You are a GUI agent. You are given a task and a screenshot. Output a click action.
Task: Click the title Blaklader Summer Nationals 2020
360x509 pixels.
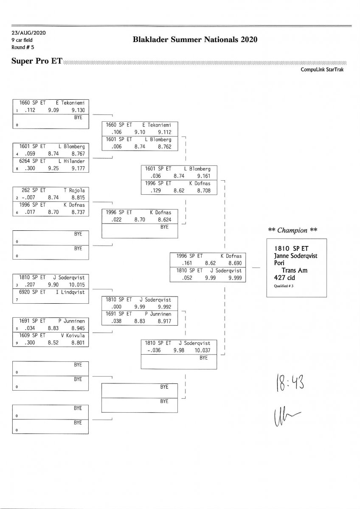coord(195,40)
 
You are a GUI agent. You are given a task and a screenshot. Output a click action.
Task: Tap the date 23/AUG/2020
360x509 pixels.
coord(29,33)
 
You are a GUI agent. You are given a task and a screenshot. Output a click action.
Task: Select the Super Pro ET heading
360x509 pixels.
coord(37,62)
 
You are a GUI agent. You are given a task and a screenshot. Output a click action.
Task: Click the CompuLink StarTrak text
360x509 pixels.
coord(322,70)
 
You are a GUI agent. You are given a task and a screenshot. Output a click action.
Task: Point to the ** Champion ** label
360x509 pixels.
coord(293,230)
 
